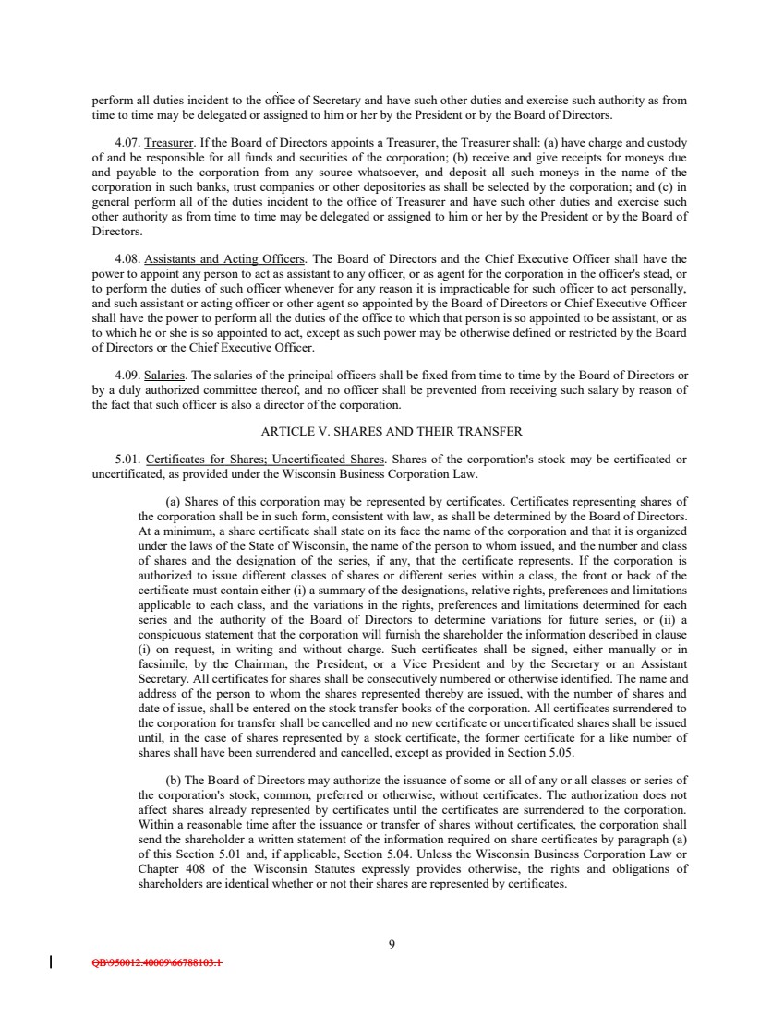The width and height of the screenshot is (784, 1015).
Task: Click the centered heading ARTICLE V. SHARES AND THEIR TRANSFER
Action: coord(392,431)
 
